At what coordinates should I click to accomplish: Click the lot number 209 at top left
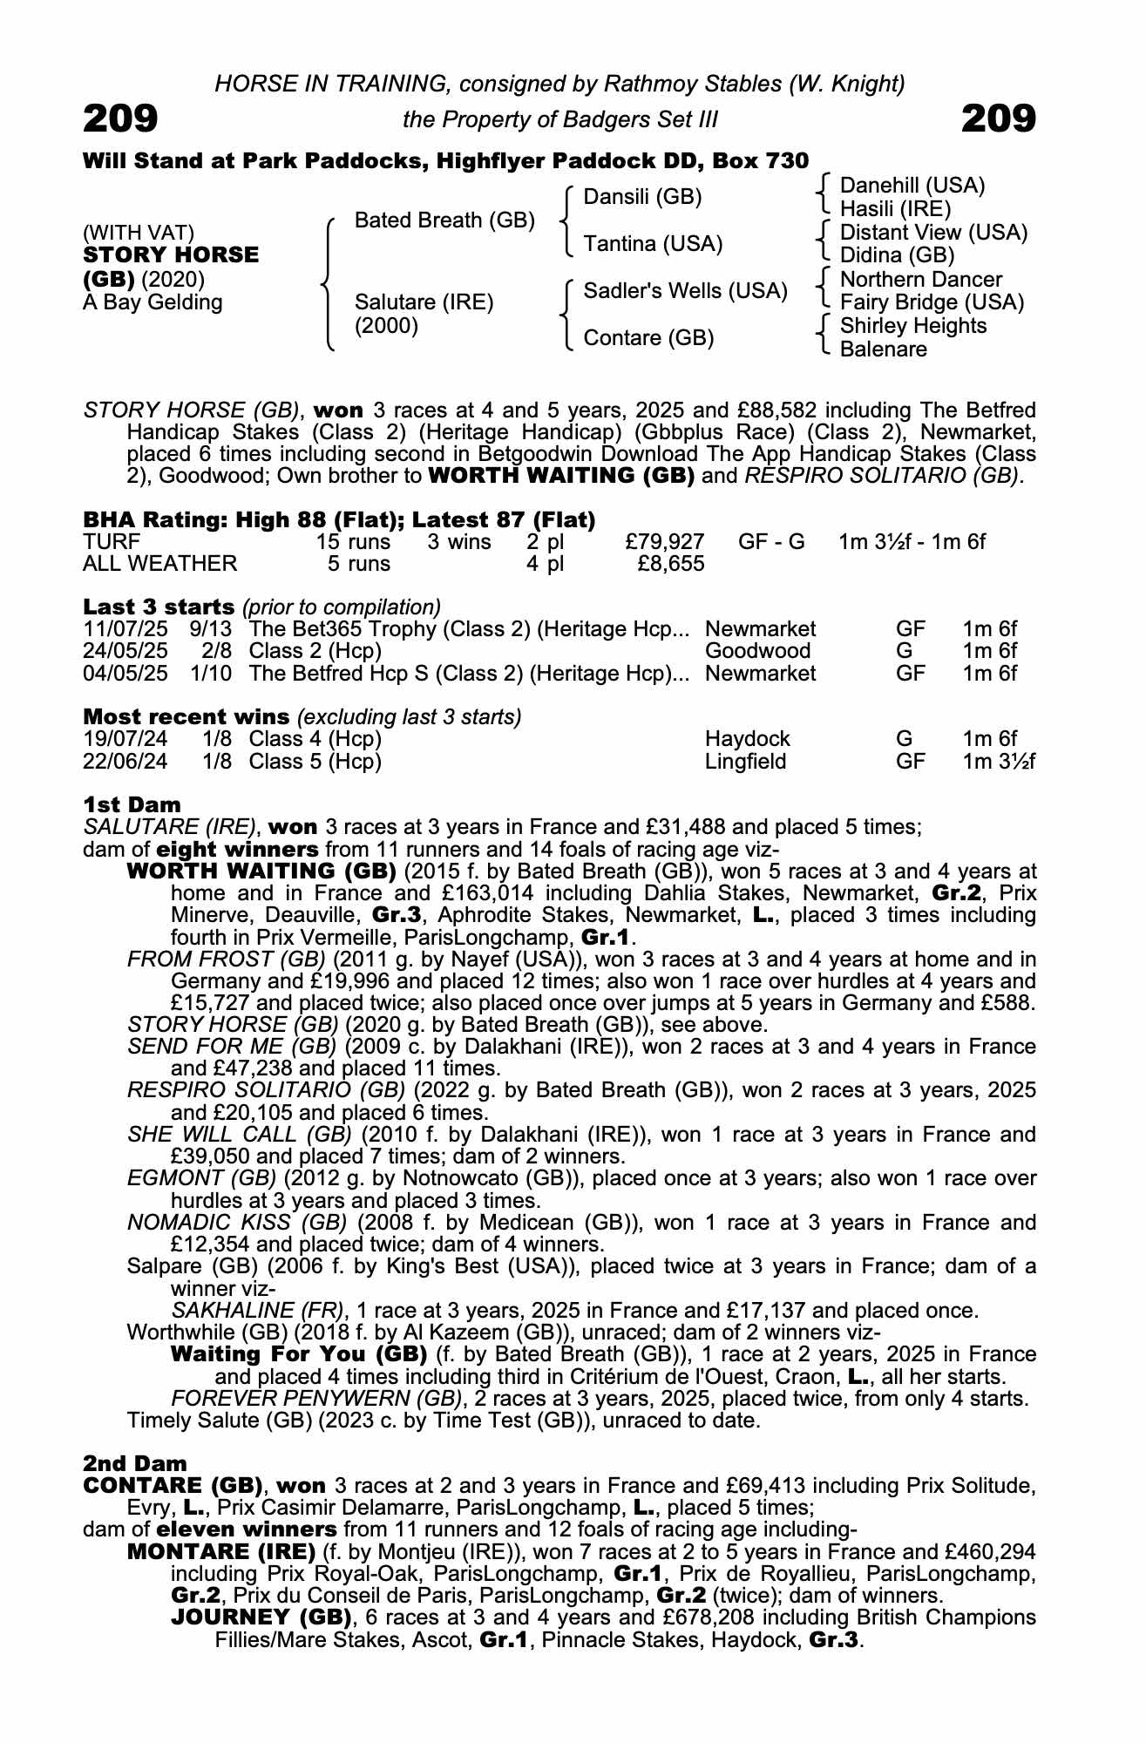click(120, 119)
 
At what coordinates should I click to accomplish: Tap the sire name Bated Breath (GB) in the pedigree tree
click(444, 220)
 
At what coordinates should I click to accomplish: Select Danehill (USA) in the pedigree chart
click(912, 186)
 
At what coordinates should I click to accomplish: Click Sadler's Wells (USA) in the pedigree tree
click(685, 291)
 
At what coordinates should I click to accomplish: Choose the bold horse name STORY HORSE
click(171, 255)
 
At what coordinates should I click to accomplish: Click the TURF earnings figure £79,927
click(665, 541)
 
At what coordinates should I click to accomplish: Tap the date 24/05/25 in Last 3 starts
click(125, 651)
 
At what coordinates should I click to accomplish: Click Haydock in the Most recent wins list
click(747, 739)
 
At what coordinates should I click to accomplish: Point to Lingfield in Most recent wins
click(745, 762)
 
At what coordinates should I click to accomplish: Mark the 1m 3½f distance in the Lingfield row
click(998, 762)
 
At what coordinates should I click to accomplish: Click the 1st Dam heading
click(132, 804)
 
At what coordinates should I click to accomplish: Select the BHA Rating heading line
click(339, 520)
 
